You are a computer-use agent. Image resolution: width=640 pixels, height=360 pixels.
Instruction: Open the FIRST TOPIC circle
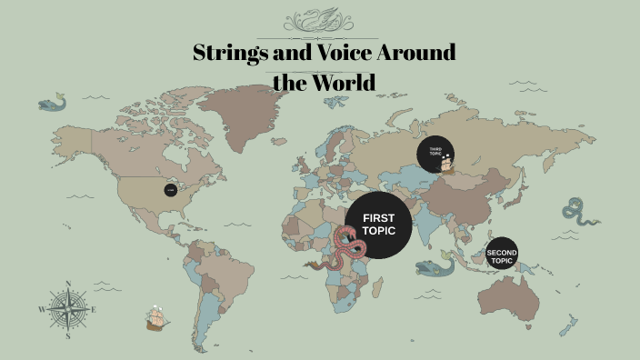point(379,225)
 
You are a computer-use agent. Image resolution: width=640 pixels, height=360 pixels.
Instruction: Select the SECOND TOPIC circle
point(501,255)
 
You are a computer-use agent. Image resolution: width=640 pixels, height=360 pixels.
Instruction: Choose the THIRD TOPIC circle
point(435,154)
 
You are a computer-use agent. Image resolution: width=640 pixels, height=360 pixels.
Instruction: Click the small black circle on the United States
point(170,190)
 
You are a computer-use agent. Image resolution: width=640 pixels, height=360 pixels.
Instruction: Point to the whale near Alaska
point(52,104)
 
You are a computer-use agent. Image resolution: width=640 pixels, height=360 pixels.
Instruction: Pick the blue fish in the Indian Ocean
point(435,266)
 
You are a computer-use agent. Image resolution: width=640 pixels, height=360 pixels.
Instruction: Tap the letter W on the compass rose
point(42,310)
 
